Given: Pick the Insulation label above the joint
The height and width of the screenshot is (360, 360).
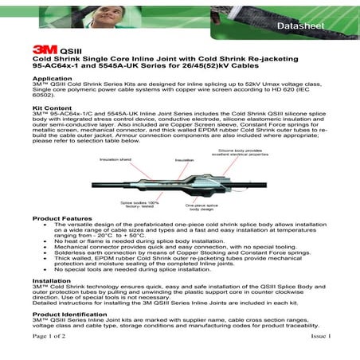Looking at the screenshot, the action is tap(184, 159).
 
